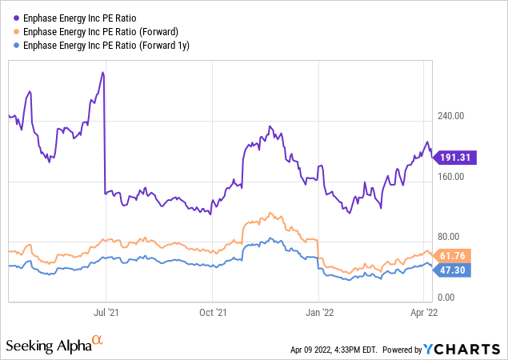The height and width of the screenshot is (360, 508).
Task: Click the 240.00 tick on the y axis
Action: [452, 115]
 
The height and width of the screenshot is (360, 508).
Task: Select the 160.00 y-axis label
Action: [452, 176]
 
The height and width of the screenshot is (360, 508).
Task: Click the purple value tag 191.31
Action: [456, 158]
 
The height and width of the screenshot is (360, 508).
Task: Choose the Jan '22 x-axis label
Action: [319, 313]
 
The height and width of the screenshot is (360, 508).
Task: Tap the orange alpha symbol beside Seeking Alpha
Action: [98, 342]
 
